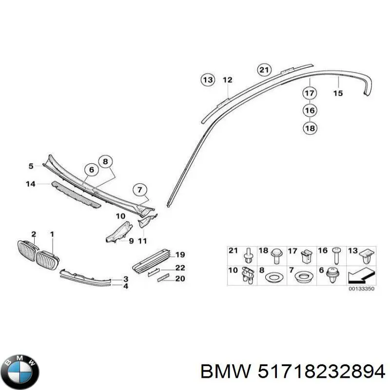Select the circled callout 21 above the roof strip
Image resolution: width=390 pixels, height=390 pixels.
264,70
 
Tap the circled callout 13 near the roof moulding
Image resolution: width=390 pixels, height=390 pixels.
208,80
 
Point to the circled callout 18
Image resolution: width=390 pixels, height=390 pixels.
310,129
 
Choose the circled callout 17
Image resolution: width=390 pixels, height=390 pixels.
310,93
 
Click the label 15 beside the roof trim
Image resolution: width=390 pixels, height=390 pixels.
338,93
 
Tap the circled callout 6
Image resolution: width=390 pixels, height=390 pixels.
91,170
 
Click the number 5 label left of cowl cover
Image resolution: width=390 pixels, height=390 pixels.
31,166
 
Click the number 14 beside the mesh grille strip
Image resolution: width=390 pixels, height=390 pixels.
31,184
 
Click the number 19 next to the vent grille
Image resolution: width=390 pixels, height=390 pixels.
180,254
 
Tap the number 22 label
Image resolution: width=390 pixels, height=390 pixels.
180,268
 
